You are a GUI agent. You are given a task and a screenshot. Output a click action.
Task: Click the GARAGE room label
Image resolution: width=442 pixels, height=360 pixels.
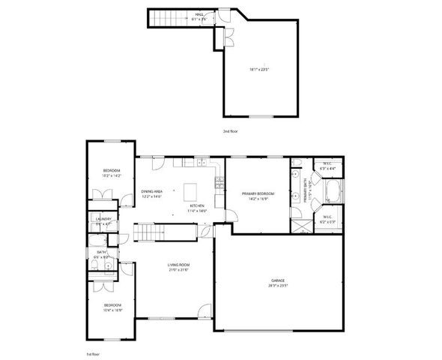point(277,280)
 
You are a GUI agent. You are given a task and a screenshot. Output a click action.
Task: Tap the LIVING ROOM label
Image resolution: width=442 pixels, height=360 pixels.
point(178,265)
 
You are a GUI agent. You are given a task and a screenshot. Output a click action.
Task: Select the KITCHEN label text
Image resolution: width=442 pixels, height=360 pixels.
point(197,205)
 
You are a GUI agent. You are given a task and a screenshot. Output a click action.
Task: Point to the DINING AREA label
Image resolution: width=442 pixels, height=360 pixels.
point(152,191)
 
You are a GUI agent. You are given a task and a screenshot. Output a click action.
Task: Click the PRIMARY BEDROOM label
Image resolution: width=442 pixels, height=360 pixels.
point(258,193)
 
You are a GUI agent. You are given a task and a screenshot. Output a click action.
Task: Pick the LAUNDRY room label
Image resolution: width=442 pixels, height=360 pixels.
point(103,219)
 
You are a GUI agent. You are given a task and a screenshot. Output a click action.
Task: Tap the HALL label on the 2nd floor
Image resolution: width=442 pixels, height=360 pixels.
point(200,13)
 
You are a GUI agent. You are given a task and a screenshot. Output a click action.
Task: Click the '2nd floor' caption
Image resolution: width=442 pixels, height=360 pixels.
point(230,130)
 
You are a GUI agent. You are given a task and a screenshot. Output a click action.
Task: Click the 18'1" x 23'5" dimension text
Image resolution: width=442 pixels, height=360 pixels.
point(259,70)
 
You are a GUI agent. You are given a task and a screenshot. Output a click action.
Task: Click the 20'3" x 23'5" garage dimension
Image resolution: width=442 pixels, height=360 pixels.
point(278,286)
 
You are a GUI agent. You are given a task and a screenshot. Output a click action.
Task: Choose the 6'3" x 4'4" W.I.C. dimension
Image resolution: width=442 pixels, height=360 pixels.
point(327,169)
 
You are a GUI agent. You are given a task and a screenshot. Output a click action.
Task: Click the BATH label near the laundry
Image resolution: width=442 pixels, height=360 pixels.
point(101,252)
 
